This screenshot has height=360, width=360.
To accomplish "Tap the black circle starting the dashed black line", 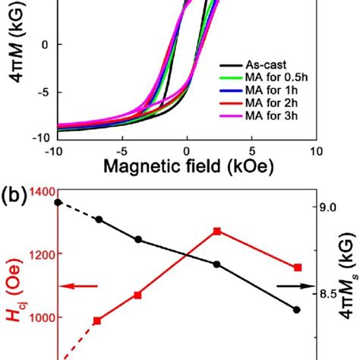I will pos(58,202).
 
